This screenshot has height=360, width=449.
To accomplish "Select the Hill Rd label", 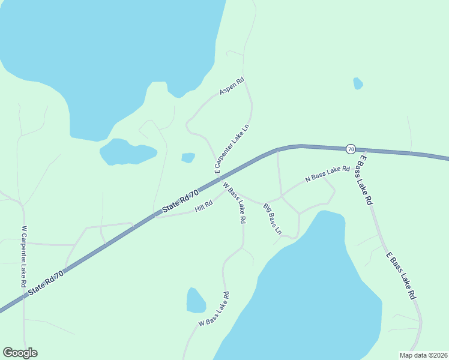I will [204, 206].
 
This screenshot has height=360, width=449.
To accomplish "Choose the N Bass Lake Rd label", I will [327, 174].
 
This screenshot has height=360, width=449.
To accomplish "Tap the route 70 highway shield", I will [351, 148].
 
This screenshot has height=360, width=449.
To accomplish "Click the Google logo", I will [20, 353].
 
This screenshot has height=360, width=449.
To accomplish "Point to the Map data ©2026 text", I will [423, 355].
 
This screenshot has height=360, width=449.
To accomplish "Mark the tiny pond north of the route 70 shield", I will [358, 83].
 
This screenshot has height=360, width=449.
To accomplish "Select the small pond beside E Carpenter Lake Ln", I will [188, 158].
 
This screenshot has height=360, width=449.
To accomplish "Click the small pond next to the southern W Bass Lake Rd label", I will [196, 301].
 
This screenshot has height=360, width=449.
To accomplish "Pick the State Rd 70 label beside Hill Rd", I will [180, 202].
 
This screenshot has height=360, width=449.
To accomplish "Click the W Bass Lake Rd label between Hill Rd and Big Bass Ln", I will [235, 203].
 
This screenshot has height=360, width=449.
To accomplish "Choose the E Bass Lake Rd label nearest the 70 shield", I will [366, 179].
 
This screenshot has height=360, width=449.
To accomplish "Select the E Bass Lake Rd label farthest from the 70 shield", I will [401, 276].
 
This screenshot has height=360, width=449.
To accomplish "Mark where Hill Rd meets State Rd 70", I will [156, 216].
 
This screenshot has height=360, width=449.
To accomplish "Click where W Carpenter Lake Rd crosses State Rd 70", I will [25, 295].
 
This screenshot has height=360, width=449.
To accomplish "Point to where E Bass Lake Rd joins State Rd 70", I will [358, 149].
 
